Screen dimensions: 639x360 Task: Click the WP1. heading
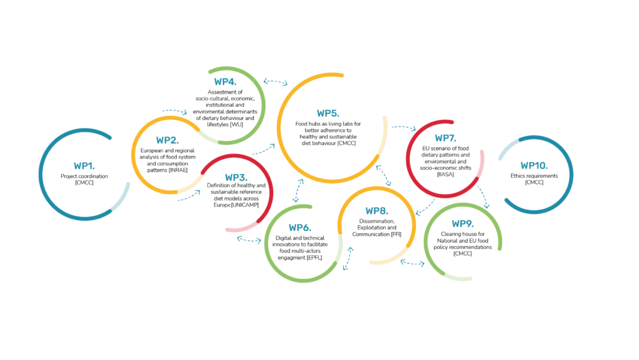pos(84,166)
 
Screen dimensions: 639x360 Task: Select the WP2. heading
pos(167,140)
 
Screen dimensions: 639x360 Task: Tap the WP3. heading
pos(236,178)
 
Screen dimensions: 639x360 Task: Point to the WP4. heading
pos(225,82)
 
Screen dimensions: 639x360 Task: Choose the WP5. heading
pos(328,113)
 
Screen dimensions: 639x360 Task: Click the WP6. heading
pos(300,228)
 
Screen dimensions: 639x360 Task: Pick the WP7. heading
pos(446,138)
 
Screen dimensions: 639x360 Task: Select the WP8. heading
pos(377,211)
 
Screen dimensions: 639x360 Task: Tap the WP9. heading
pos(462,223)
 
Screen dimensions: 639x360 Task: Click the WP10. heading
pos(534,166)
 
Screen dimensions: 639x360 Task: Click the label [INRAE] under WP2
pos(178,170)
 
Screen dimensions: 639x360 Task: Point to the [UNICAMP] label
pos(245,205)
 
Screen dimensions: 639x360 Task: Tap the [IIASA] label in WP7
pos(446,174)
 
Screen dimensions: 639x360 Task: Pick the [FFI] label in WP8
pos(396,234)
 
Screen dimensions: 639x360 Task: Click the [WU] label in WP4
pos(237,124)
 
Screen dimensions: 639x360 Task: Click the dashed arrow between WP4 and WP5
pos(275,82)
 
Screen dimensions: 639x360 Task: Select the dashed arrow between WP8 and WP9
pos(412,263)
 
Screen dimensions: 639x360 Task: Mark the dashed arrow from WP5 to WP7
pos(404,128)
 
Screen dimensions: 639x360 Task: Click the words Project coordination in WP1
pos(84,177)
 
